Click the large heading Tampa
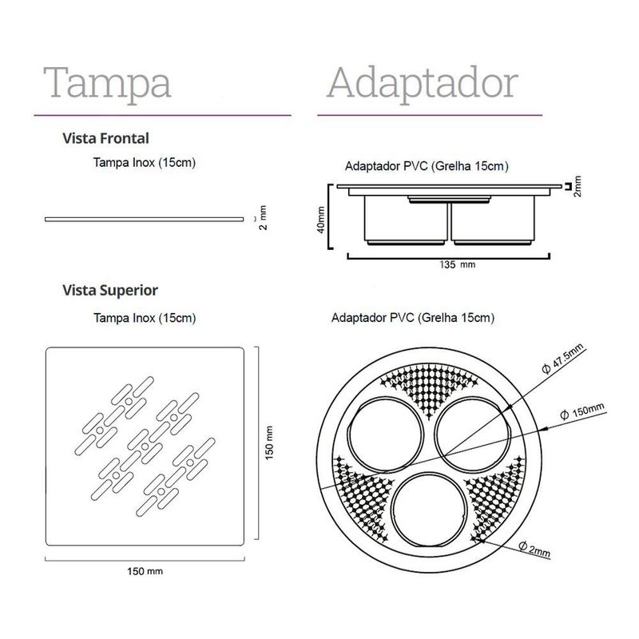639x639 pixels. click(107, 83)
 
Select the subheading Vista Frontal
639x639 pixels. click(106, 138)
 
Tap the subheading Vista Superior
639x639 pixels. click(110, 290)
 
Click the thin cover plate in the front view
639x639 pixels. click(144, 218)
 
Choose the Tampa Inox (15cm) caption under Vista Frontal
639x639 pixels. click(145, 163)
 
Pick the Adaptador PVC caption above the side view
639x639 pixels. click(427, 167)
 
